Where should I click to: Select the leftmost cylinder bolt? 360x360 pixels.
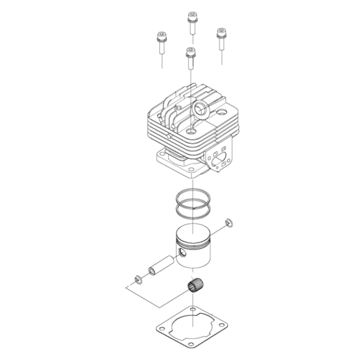point(161,38)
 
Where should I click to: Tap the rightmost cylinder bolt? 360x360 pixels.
point(220,34)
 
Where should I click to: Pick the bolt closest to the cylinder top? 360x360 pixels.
point(189,52)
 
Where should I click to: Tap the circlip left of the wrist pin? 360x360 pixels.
point(137,277)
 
